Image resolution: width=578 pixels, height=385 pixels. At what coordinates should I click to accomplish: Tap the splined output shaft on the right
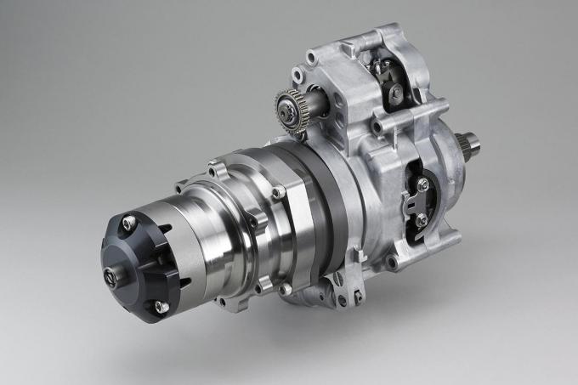[x=469, y=144]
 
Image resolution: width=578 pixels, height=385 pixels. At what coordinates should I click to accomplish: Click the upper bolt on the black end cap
[x=127, y=224]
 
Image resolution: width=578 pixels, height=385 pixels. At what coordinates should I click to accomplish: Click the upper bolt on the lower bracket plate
[x=422, y=184]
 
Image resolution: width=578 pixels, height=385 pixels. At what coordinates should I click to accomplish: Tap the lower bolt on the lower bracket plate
[x=422, y=220]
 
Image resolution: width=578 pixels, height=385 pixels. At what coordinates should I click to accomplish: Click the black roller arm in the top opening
[x=396, y=85]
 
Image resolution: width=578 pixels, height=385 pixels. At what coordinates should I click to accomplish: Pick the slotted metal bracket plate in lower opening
[x=415, y=202]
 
